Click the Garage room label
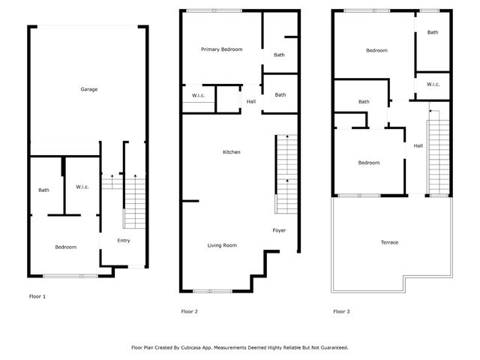[89, 89]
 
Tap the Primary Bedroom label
[221, 49]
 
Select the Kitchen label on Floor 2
[231, 152]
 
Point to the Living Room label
[222, 245]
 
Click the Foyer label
[278, 230]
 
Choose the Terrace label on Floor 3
[388, 242]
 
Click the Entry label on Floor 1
[123, 241]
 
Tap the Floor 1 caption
[37, 297]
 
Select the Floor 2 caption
[189, 311]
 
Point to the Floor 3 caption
[342, 311]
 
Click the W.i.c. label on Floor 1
[82, 187]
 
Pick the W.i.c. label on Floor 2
[199, 95]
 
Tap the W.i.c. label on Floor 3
[433, 84]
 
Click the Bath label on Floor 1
[44, 190]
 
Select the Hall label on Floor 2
[251, 101]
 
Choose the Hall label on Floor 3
[418, 145]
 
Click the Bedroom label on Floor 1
[65, 247]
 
